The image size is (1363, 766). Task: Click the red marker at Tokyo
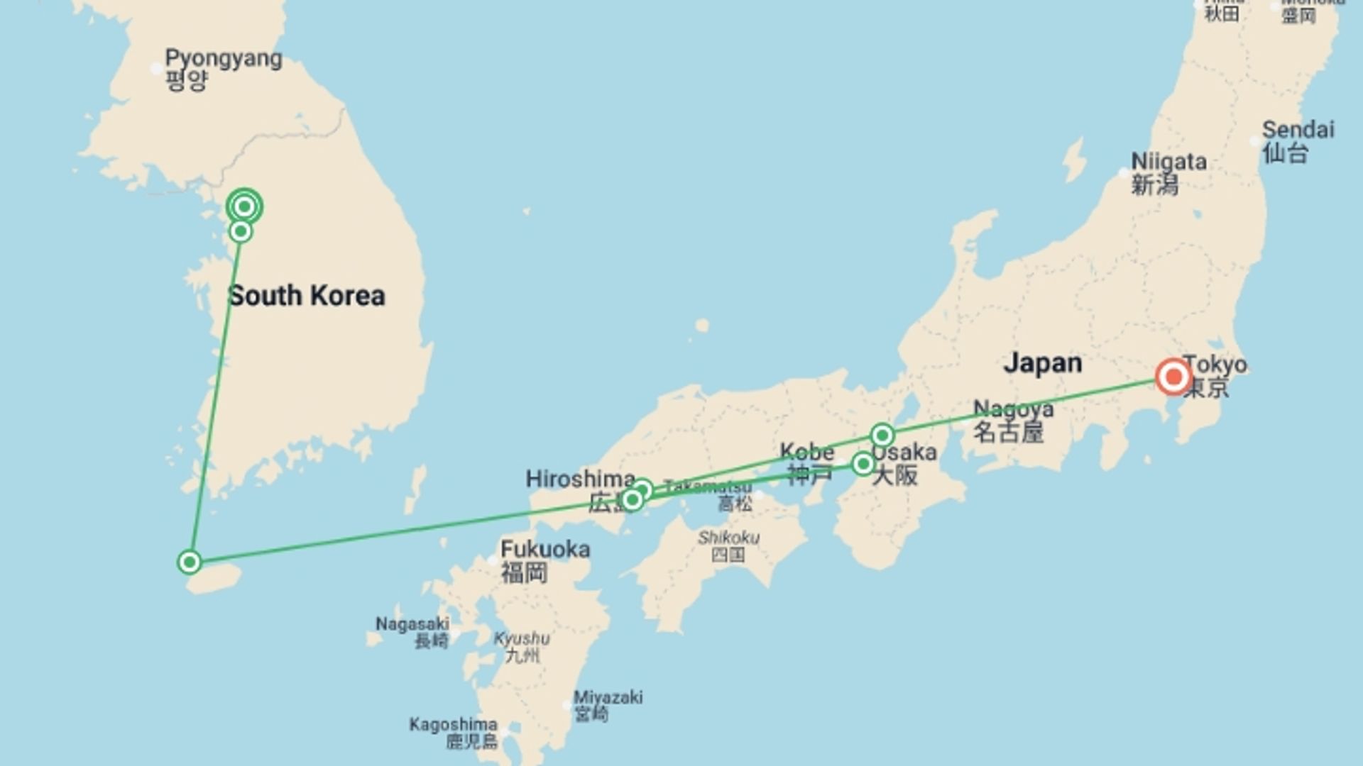click(1173, 377)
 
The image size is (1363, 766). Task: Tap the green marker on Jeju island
click(190, 562)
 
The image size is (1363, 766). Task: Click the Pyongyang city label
click(223, 58)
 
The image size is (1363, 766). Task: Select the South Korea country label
click(307, 296)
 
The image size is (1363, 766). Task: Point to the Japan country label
click(1042, 363)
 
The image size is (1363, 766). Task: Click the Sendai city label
click(1298, 130)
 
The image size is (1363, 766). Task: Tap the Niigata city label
click(1168, 162)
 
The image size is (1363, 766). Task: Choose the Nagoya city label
click(1012, 409)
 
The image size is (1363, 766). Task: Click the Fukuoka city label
click(544, 549)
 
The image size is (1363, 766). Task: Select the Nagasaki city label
click(412, 624)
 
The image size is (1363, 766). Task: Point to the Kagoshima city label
click(453, 725)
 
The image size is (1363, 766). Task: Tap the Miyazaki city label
click(608, 697)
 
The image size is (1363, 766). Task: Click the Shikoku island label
click(728, 538)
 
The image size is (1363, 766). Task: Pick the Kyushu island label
click(522, 638)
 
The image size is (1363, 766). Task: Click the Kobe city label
click(806, 452)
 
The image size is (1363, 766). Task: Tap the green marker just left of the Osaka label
click(863, 464)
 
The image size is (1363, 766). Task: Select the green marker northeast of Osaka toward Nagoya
click(882, 434)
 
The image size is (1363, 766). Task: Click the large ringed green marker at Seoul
click(244, 206)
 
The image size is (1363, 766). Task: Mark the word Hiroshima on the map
click(579, 479)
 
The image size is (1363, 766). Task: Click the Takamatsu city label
click(707, 487)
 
